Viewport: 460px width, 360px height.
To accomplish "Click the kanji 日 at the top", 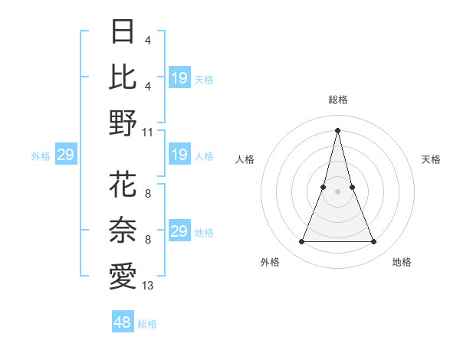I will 123,32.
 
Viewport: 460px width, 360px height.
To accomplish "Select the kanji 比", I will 123,77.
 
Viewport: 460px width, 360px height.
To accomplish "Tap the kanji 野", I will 123,122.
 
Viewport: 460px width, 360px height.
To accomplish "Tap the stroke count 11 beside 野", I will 148,132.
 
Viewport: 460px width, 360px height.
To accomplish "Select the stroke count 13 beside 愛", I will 148,286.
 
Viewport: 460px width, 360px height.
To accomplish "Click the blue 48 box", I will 123,322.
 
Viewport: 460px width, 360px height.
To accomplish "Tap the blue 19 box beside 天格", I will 179,77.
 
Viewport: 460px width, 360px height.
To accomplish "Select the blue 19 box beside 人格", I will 179,155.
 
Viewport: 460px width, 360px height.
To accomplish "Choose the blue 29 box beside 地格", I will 179,231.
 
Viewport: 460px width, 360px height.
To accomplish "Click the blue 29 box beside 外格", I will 65,155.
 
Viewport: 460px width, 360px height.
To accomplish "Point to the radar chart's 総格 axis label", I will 337,100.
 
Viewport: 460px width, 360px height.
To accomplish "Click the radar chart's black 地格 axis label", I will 402,262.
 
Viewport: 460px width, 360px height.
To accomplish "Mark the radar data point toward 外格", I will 301,242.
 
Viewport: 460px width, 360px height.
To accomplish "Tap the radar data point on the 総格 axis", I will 337,130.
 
